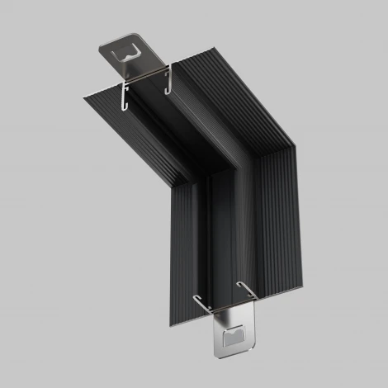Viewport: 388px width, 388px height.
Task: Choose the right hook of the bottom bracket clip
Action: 244,290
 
